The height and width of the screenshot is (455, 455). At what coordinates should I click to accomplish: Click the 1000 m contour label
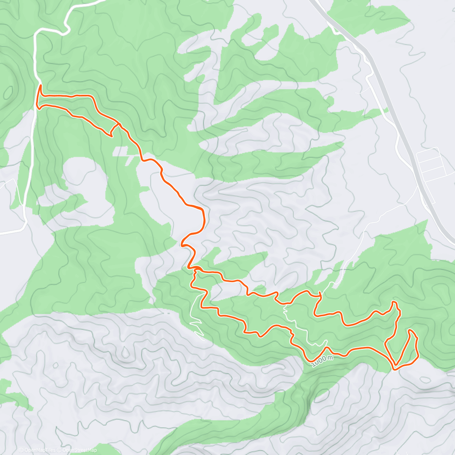323,360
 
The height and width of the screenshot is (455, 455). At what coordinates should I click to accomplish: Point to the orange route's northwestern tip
40,86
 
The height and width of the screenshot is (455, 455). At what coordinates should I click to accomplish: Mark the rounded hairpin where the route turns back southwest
184,243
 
